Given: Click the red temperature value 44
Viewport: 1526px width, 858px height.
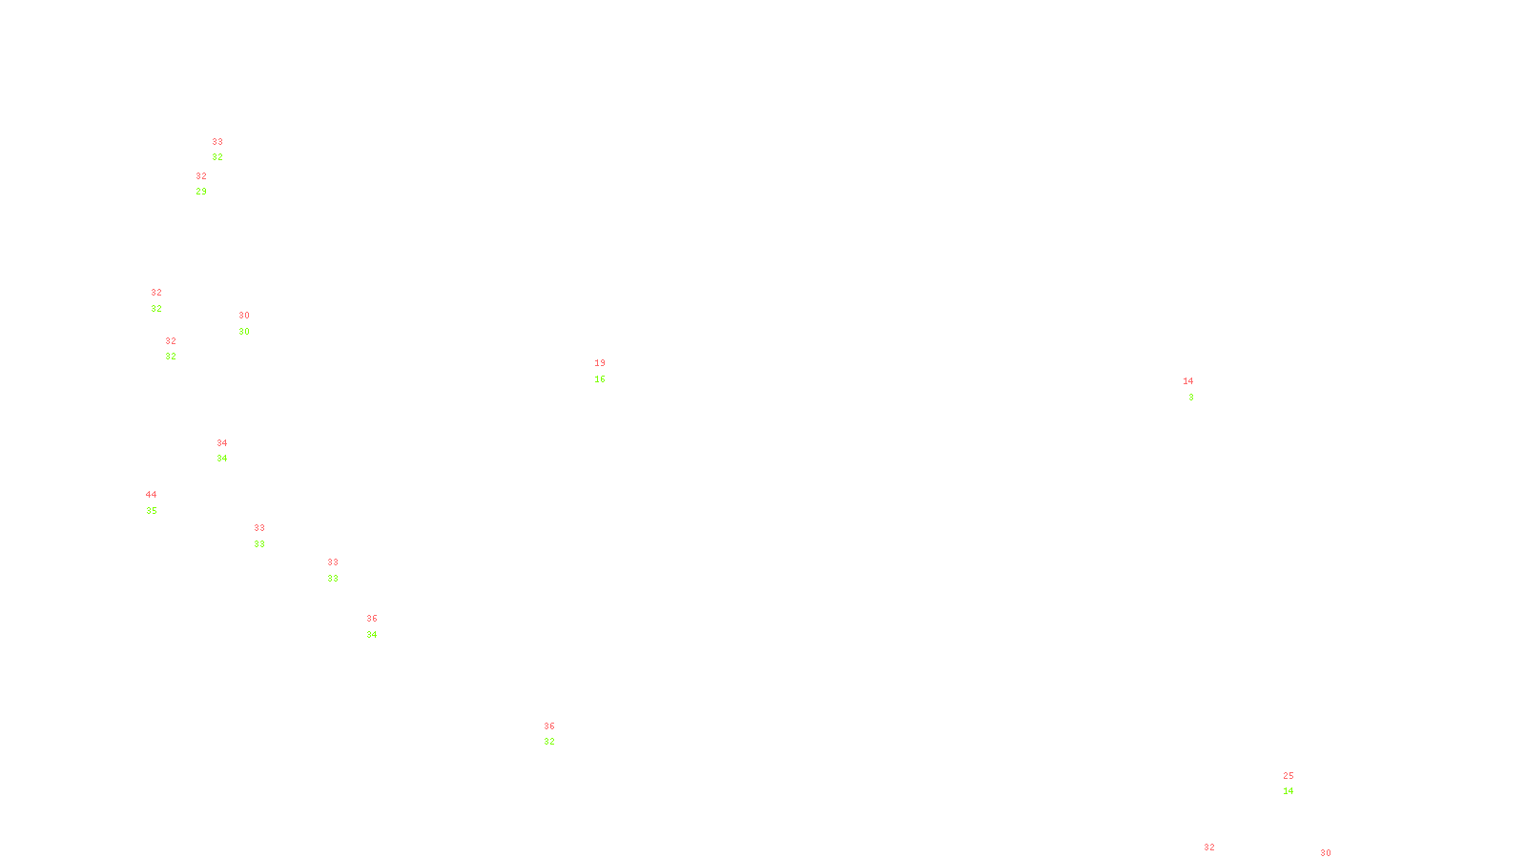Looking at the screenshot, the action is [151, 495].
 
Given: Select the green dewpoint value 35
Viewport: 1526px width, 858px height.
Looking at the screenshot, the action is [152, 511].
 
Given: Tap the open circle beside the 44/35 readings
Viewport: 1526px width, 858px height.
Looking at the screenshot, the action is [161, 502].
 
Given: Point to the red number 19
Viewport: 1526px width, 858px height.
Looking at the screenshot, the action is [600, 363].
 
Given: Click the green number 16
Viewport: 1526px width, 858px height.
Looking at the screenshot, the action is [600, 379].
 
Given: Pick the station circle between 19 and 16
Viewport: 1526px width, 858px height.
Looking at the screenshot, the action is [608, 371].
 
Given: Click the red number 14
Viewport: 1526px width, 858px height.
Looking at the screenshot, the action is [1188, 381].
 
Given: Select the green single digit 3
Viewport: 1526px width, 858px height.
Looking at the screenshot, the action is [1191, 398].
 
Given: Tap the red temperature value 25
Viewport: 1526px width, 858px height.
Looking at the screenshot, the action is [1289, 776].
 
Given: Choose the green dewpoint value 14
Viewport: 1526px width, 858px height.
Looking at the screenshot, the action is [1289, 791].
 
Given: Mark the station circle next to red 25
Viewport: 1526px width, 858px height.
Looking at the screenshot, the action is [1297, 784].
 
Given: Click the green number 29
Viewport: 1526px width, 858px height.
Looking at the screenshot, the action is [201, 192].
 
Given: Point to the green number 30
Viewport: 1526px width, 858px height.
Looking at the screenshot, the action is [244, 332].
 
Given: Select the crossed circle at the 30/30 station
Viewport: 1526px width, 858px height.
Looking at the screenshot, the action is [254, 323].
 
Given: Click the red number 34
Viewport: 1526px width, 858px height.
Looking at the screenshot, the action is [222, 443].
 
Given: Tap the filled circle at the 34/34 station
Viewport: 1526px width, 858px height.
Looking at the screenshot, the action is [231, 451].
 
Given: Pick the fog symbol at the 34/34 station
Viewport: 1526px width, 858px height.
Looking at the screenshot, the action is [222, 451].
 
